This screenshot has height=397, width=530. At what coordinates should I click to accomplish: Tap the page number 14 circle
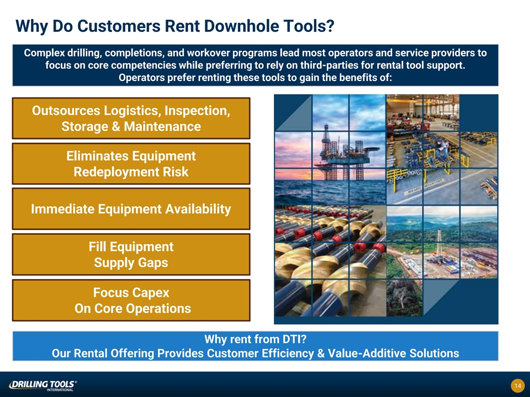517,385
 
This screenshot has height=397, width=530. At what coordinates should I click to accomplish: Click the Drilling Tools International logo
43,385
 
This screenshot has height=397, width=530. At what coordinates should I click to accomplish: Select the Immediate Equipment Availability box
131,208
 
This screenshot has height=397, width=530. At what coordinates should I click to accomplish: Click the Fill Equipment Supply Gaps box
131,254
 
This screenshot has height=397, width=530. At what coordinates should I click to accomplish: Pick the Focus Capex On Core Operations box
131,300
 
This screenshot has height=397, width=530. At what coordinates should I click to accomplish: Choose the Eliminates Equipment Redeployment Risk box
131,163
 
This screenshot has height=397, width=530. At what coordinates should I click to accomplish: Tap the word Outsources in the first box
66,111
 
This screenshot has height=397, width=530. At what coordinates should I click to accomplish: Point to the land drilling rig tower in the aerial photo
439,244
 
